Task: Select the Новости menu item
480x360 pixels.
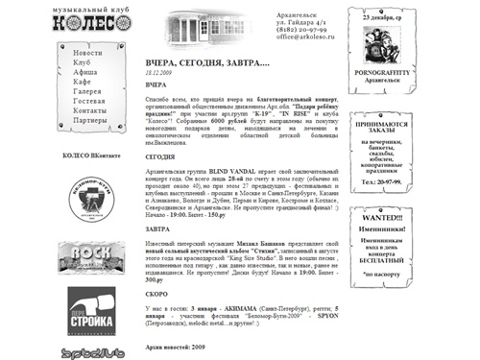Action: [87, 52]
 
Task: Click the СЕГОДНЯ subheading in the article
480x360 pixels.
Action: [161, 156]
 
